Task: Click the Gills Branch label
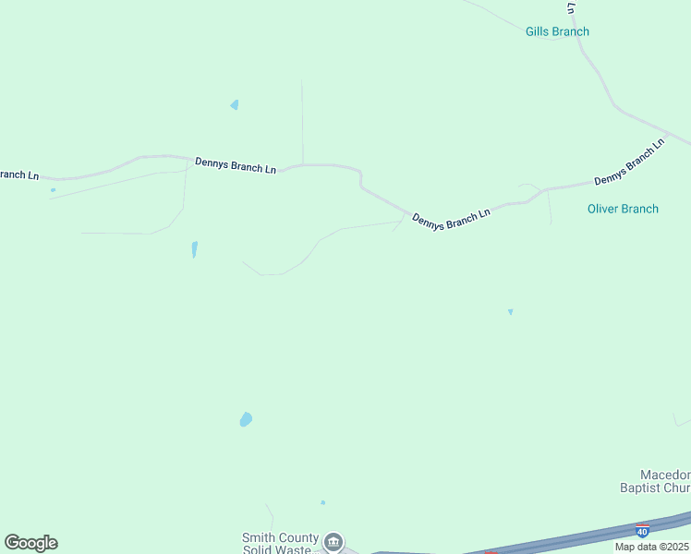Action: pyautogui.click(x=557, y=31)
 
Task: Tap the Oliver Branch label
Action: pyautogui.click(x=623, y=209)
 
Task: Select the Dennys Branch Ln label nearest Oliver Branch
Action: pyautogui.click(x=629, y=162)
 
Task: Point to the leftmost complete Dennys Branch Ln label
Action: pyautogui.click(x=236, y=165)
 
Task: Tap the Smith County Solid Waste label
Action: pyautogui.click(x=280, y=544)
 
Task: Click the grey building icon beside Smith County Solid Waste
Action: pyautogui.click(x=333, y=541)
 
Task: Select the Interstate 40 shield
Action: pyautogui.click(x=642, y=530)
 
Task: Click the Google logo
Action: pyautogui.click(x=30, y=543)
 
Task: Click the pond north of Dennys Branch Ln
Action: pyautogui.click(x=235, y=105)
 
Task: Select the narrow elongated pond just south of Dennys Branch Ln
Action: pyautogui.click(x=194, y=249)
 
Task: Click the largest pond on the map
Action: pyautogui.click(x=246, y=419)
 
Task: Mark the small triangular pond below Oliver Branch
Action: pyautogui.click(x=510, y=312)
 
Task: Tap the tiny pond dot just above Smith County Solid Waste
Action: pyautogui.click(x=322, y=502)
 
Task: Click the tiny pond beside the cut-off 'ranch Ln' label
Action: pyautogui.click(x=53, y=190)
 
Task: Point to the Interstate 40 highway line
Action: pyautogui.click(x=554, y=538)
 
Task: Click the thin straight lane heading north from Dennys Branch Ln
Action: pyautogui.click(x=302, y=120)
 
